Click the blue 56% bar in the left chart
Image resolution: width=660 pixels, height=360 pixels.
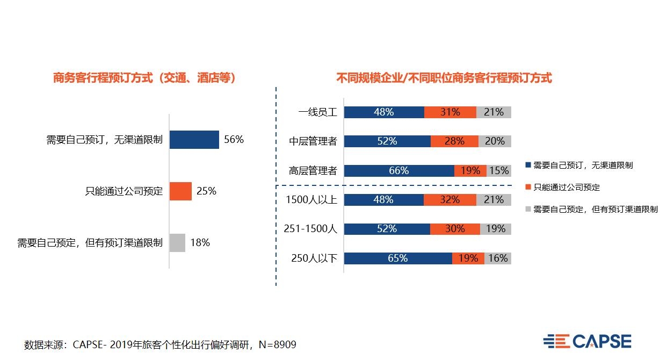click(x=194, y=140)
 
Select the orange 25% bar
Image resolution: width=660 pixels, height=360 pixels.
click(x=180, y=191)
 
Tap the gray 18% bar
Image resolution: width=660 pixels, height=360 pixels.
click(x=177, y=242)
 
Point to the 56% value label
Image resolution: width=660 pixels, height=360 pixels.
click(x=234, y=140)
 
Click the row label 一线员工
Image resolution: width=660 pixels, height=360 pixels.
click(x=318, y=112)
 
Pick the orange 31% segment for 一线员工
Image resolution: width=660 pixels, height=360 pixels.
click(x=450, y=112)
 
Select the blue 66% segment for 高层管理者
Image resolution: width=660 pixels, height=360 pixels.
click(x=399, y=171)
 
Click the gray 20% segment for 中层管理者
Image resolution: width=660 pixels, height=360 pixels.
click(x=495, y=141)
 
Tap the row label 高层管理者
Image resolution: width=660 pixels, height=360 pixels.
click(x=313, y=171)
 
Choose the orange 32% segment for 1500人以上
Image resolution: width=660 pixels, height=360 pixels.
click(x=449, y=200)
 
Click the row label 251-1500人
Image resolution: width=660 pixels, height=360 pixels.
click(x=310, y=229)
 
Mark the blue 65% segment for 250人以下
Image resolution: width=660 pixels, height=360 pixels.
click(x=398, y=258)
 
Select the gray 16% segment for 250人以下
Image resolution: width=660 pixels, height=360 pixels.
click(x=498, y=258)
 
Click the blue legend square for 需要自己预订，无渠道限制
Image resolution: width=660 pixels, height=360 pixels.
click(x=528, y=165)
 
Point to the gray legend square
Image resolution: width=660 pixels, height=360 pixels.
click(x=528, y=210)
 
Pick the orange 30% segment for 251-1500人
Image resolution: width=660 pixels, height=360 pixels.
click(x=455, y=229)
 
